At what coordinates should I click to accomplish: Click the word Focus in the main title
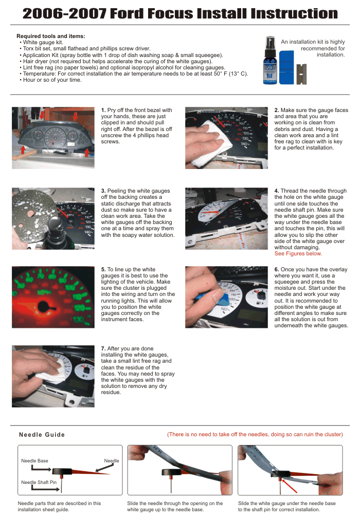pyautogui.click(x=170, y=13)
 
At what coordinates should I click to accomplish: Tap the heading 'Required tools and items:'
pyautogui.click(x=51, y=36)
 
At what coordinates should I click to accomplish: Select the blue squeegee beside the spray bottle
pyautogui.click(x=286, y=67)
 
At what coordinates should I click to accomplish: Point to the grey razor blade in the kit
pyautogui.click(x=301, y=73)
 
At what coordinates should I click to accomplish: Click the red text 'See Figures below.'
pyautogui.click(x=298, y=253)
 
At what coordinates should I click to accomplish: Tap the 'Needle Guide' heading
pyautogui.click(x=42, y=435)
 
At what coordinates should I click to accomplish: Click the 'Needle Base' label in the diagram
pyautogui.click(x=34, y=461)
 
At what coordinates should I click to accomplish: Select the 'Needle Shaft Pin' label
pyautogui.click(x=39, y=482)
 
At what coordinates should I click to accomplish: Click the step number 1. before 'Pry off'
pyautogui.click(x=103, y=110)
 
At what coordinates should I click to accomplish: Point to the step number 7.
pyautogui.click(x=103, y=348)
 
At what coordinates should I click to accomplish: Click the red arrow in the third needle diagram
pyautogui.click(x=290, y=486)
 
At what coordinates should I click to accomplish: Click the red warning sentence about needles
pyautogui.click(x=255, y=434)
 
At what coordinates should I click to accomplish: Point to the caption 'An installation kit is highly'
pyautogui.click(x=313, y=42)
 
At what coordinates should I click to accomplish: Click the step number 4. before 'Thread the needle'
pyautogui.click(x=277, y=191)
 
